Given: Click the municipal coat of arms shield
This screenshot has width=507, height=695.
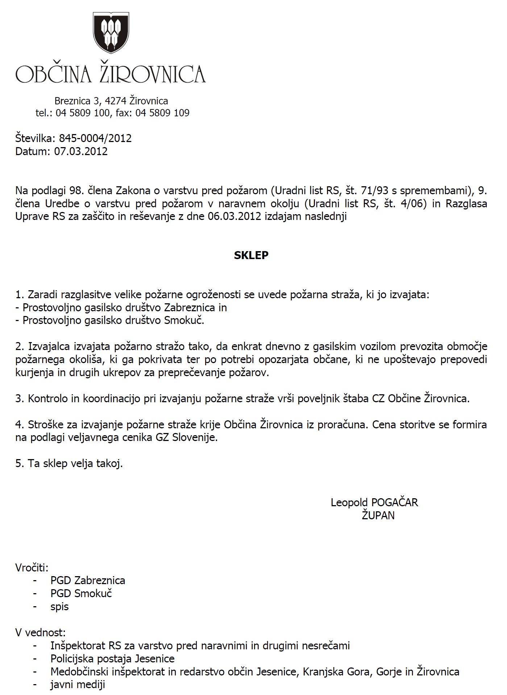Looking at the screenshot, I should [x=111, y=32].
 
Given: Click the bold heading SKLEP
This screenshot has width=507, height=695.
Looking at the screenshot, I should [x=251, y=255].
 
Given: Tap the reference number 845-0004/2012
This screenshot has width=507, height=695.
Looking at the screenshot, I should [x=95, y=138].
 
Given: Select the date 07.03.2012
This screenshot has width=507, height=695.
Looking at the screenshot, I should [x=81, y=151].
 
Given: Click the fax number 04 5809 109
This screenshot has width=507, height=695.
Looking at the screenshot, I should [x=162, y=113].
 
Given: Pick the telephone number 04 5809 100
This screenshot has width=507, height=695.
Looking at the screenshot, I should [x=82, y=113].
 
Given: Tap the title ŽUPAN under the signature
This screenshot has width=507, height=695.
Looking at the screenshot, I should [x=378, y=516].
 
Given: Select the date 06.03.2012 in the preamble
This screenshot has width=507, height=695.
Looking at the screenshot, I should [x=234, y=217].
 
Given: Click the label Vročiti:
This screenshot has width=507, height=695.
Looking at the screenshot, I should [x=32, y=567].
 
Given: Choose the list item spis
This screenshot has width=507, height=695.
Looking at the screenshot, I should [x=59, y=607].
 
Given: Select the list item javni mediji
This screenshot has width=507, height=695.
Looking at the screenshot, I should [x=78, y=684].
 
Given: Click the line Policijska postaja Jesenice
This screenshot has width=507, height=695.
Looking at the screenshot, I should [x=112, y=658].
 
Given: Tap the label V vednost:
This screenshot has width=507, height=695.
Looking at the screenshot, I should [x=41, y=633].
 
